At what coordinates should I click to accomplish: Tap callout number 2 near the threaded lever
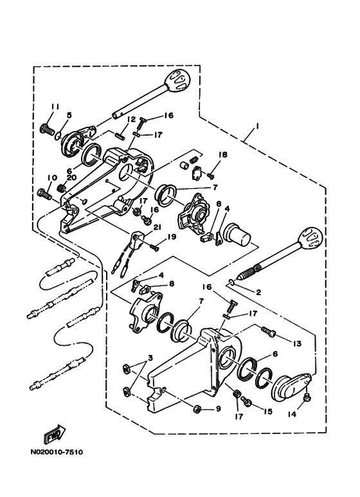258,293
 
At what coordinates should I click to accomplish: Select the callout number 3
150,358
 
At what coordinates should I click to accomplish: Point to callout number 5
69,115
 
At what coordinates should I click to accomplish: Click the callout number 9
218,409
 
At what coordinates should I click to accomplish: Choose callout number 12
131,120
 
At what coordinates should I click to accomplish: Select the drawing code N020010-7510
57,452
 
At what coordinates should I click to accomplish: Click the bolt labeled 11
46,129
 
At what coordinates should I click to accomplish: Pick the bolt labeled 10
44,194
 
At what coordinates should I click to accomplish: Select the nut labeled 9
197,409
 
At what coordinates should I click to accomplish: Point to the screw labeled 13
269,332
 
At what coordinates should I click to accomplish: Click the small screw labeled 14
307,397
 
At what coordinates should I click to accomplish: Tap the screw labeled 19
154,248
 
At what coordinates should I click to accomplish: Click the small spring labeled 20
61,188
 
